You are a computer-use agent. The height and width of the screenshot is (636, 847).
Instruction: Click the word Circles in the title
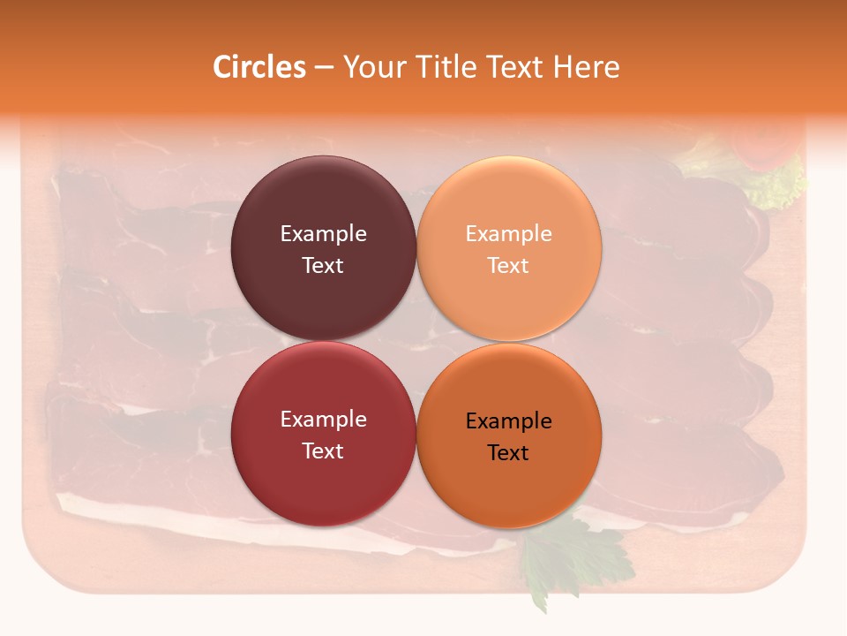point(259,67)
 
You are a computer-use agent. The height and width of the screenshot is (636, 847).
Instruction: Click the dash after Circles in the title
point(324,68)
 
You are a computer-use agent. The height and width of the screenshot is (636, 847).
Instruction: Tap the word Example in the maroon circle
point(323,233)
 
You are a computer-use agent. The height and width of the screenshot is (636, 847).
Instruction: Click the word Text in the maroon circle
point(323,265)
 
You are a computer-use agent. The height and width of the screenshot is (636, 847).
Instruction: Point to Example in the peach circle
point(508,233)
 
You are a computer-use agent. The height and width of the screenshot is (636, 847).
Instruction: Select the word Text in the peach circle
point(508,265)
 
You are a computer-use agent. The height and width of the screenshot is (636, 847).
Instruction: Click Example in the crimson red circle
point(323,420)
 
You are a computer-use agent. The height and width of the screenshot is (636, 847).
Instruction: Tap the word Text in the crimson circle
point(323,450)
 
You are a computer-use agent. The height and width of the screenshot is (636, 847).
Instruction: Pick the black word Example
point(508,421)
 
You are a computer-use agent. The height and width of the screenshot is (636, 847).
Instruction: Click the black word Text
point(508,452)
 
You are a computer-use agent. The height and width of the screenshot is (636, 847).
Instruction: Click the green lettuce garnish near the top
point(776,185)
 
